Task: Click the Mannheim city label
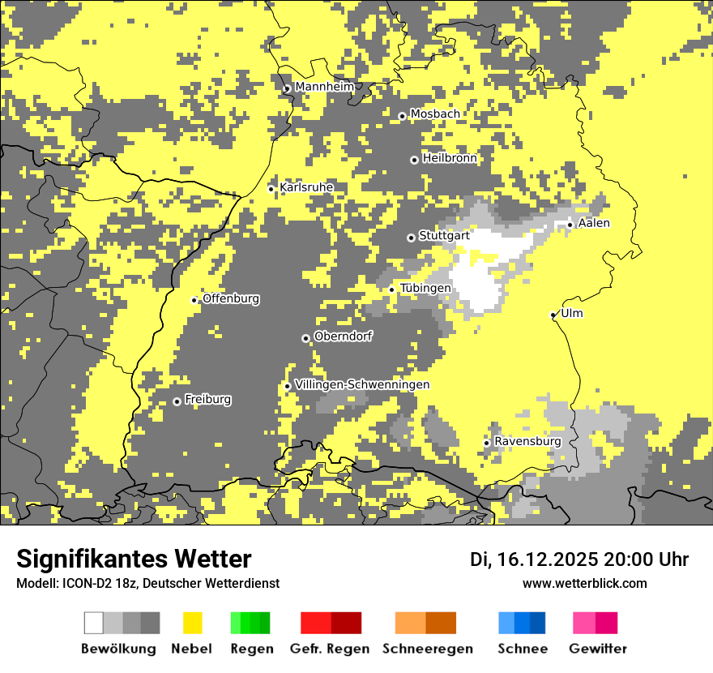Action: (324, 87)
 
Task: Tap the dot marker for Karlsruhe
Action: (271, 189)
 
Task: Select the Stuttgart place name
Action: (444, 236)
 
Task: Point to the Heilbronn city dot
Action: (414, 160)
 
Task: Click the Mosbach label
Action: (434, 114)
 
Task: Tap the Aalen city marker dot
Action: (570, 225)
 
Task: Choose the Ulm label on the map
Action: (571, 314)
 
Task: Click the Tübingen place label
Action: (425, 289)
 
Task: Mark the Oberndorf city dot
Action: (305, 338)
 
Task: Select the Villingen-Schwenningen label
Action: (362, 384)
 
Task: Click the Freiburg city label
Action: (207, 400)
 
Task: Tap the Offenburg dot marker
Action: (194, 300)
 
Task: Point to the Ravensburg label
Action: (527, 441)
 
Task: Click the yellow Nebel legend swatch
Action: (192, 623)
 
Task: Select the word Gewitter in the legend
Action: (597, 649)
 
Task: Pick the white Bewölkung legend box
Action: (94, 623)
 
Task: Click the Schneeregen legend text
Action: (427, 649)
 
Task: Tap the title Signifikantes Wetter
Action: (134, 559)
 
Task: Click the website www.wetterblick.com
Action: (584, 583)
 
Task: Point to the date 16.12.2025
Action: (547, 559)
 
